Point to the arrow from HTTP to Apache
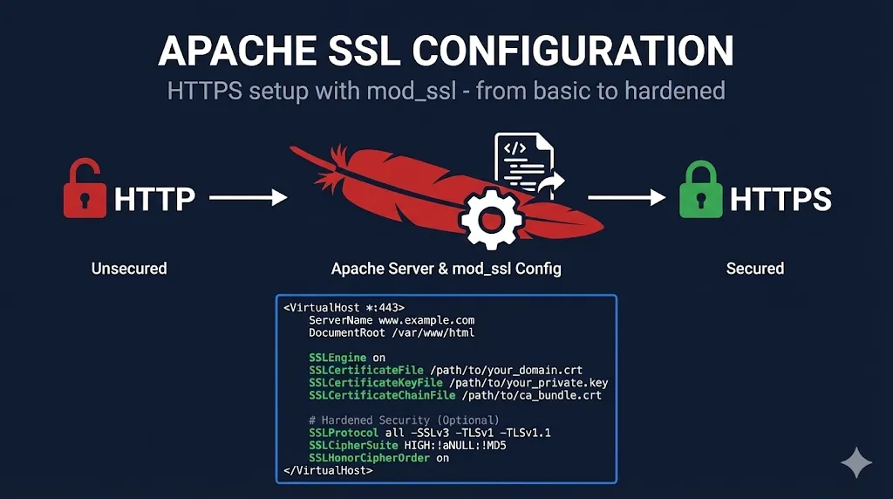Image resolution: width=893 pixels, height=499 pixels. tap(249, 199)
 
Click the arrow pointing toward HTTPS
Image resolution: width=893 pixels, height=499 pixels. tap(627, 198)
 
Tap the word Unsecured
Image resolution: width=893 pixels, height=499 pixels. tap(129, 269)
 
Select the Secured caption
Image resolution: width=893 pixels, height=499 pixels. tap(755, 269)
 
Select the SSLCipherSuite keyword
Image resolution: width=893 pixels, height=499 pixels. tap(351, 446)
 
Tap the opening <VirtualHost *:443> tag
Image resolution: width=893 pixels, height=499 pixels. tap(344, 308)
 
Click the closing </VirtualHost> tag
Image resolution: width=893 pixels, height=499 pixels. tap(328, 470)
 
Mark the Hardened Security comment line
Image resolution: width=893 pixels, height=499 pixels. tap(404, 420)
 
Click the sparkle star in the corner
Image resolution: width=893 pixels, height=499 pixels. tap(856, 462)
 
